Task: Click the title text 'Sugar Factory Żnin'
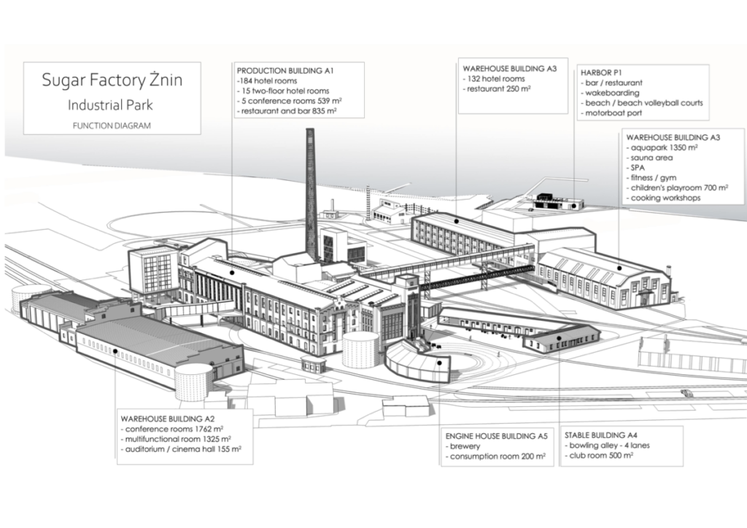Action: [112, 80]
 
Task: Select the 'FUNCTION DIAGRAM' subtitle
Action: [112, 125]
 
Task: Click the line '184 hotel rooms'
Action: [265, 81]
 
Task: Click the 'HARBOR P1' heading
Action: [600, 73]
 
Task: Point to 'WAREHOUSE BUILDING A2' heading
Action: [166, 419]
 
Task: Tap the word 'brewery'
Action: [464, 446]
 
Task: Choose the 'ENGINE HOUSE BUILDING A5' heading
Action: [497, 435]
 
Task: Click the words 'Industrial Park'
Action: [111, 104]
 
